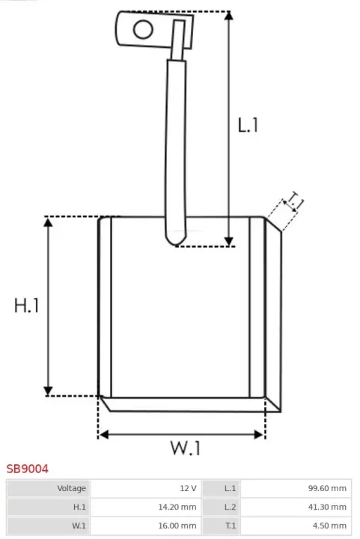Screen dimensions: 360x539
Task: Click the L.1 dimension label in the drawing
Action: (x=248, y=125)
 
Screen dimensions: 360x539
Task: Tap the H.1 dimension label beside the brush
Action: (x=26, y=305)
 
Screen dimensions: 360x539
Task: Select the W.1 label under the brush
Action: (x=185, y=448)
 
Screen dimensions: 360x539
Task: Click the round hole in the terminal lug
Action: (x=143, y=29)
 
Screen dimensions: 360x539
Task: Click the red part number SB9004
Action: (x=28, y=469)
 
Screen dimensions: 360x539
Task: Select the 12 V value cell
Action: (x=188, y=488)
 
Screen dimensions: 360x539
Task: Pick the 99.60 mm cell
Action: (x=327, y=488)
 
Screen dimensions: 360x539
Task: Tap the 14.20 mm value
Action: (x=177, y=507)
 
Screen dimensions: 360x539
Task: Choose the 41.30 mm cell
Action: (x=327, y=507)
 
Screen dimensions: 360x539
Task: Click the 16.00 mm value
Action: (x=177, y=526)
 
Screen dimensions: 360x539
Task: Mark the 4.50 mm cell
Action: (x=329, y=526)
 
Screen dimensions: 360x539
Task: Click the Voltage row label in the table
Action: (x=71, y=488)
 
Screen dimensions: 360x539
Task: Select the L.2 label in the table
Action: (x=231, y=507)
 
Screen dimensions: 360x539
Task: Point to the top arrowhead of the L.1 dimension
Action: (x=229, y=16)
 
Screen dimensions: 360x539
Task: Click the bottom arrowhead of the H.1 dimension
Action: (x=48, y=391)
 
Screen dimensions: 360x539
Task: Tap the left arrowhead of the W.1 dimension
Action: (x=104, y=434)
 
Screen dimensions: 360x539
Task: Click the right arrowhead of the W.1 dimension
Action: (x=259, y=434)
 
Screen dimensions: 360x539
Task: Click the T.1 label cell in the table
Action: (x=231, y=526)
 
